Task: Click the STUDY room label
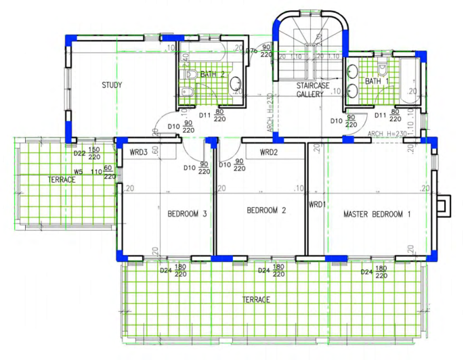112,85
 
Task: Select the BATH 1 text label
377,81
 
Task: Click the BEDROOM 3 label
187,214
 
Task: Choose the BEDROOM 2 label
266,210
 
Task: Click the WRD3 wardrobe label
139,152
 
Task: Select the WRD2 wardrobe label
270,152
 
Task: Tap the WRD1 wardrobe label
317,204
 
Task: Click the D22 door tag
79,154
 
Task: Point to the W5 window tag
79,172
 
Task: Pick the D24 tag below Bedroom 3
165,271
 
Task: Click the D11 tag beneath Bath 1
381,116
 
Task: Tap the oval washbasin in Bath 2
236,84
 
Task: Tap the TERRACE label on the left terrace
62,180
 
